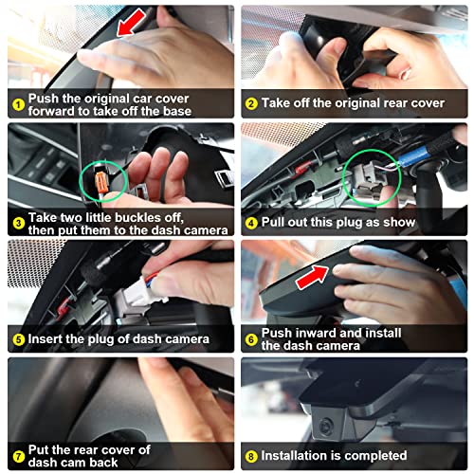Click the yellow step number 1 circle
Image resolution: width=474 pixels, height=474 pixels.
[x=19, y=104]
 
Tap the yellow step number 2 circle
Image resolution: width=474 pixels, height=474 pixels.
[x=251, y=103]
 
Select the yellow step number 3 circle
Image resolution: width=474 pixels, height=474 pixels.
[x=19, y=224]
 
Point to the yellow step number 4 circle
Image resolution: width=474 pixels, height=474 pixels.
[x=251, y=223]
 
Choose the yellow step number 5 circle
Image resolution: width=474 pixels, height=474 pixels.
[x=19, y=339]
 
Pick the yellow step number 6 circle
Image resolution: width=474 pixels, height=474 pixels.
[x=251, y=339]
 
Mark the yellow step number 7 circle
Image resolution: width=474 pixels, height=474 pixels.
[x=19, y=456]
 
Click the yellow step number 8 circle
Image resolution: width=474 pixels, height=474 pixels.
[x=251, y=456]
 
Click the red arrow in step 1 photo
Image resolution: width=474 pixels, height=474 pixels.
[x=131, y=22]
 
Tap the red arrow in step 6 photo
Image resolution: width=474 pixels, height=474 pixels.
[x=312, y=277]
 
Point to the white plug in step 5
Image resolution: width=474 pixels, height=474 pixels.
[x=139, y=292]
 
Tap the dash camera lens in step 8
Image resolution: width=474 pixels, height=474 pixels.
[x=325, y=426]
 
